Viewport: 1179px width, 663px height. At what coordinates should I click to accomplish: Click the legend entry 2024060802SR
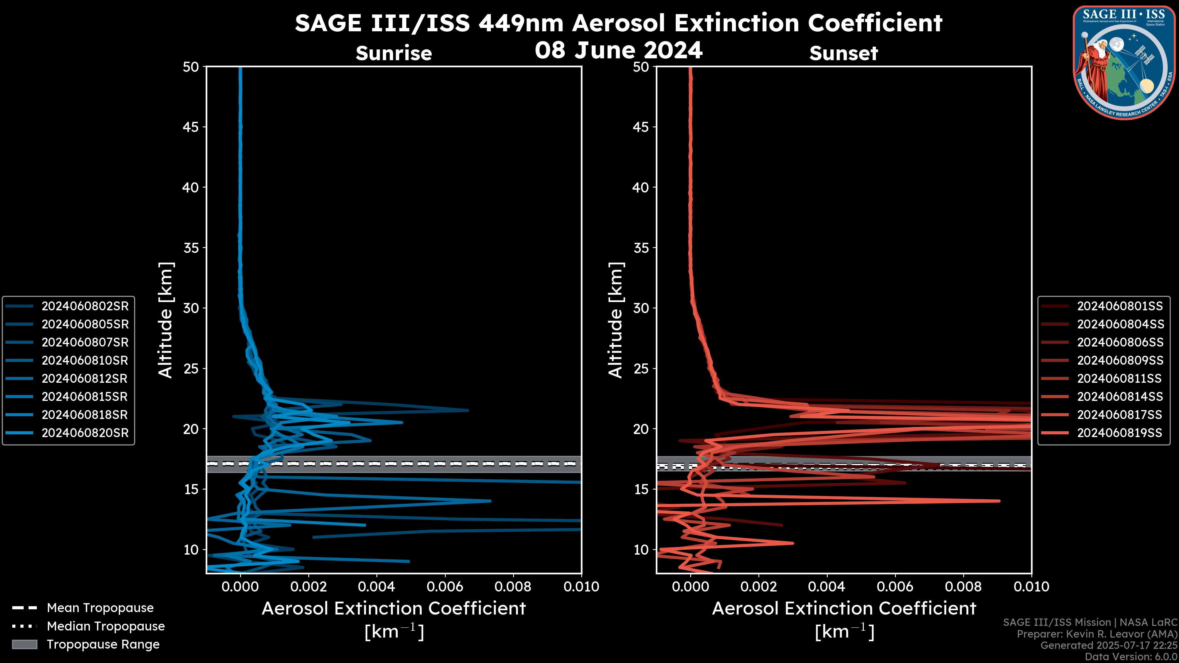85,306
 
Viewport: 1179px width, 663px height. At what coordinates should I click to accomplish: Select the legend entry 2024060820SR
85,433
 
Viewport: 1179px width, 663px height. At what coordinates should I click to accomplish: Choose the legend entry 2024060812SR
85,378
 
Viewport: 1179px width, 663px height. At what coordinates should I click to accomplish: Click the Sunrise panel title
394,53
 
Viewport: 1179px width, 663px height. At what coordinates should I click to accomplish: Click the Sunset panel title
843,53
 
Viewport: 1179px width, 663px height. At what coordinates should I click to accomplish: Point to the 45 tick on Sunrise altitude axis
191,127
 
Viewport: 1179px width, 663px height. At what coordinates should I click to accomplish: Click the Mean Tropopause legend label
100,608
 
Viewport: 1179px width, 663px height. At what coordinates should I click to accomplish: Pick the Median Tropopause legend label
106,626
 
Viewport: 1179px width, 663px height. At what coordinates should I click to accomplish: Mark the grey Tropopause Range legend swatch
25,644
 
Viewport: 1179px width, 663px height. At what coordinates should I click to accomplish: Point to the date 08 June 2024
619,49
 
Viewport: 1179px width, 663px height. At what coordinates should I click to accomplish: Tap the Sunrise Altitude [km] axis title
166,320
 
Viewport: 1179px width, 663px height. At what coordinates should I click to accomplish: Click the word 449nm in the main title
521,23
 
